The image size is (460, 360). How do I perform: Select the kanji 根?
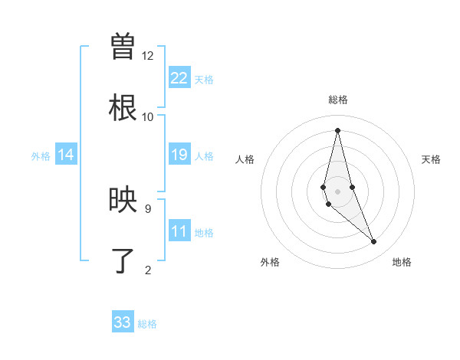[x=123, y=107]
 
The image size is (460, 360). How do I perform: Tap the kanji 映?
[x=123, y=200]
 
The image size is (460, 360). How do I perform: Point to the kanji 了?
[x=123, y=260]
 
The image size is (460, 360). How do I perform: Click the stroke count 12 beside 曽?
[x=148, y=56]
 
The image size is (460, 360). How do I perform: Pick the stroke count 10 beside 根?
[x=148, y=116]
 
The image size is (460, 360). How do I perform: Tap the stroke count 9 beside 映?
[x=148, y=208]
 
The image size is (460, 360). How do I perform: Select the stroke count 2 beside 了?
[x=148, y=270]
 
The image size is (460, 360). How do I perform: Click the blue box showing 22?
[x=179, y=78]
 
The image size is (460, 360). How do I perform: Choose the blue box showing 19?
[x=179, y=155]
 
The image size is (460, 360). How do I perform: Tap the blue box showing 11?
[x=179, y=232]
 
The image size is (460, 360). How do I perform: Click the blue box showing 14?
[x=66, y=155]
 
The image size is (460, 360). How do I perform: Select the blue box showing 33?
[x=123, y=322]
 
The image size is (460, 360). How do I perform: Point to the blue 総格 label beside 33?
[x=147, y=324]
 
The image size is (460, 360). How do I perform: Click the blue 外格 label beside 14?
[x=41, y=156]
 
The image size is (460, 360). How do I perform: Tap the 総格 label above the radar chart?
[x=337, y=100]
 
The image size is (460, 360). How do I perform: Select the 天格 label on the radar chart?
[x=431, y=159]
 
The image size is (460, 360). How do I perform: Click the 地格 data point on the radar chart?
[x=374, y=242]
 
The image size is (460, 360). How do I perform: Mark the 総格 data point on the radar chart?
[x=337, y=129]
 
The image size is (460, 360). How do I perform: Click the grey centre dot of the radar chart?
[x=337, y=191]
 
